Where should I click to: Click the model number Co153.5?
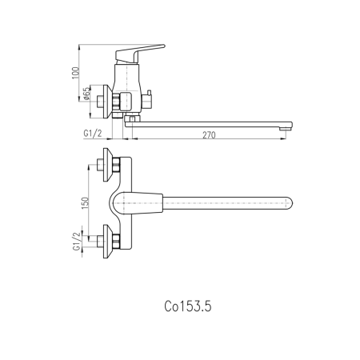(188, 306)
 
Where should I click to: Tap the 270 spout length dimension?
(209, 135)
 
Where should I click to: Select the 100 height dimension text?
(76, 73)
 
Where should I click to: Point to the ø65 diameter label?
(87, 94)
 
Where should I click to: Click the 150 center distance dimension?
(85, 203)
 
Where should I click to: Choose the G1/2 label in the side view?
(93, 133)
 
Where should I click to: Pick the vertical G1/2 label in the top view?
(77, 242)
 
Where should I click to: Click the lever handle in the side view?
(139, 53)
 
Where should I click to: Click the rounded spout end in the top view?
(289, 203)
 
